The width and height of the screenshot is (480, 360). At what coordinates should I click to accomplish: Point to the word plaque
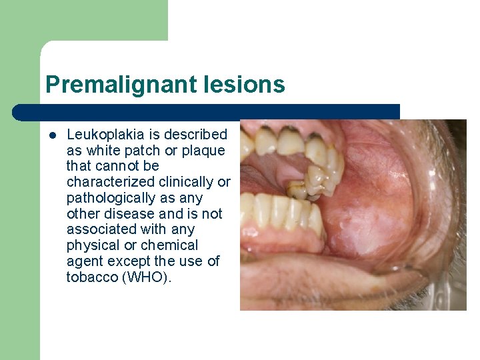[205, 151]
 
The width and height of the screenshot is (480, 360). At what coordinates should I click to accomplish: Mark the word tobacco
[93, 277]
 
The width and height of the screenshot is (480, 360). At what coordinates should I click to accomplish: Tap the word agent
[84, 261]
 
